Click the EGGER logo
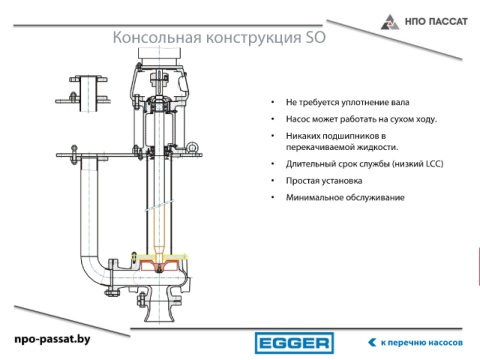294,343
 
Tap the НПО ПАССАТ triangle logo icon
390,22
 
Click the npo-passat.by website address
52,339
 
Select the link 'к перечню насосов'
422,343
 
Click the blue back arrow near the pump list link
372,342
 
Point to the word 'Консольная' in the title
157,37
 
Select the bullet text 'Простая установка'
324,181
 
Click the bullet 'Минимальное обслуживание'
345,197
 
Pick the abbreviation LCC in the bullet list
433,164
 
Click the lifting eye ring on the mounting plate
192,147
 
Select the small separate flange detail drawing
83,93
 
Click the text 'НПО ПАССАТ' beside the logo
436,22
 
